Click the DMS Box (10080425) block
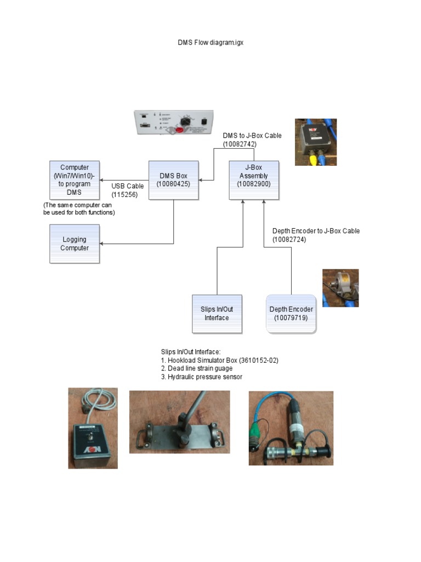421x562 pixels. point(173,180)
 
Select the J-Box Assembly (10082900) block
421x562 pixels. point(254,180)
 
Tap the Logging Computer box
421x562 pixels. point(75,244)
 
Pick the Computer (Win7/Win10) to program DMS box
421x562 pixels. point(75,180)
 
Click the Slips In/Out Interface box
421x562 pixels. point(217,313)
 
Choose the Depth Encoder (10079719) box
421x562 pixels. point(291,313)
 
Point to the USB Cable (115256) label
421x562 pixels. point(127,190)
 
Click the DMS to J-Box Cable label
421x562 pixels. point(252,139)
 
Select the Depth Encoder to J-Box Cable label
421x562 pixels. point(316,235)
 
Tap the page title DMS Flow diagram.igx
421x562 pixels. point(210,43)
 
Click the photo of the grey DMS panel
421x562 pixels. point(174,123)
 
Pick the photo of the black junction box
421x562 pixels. point(316,142)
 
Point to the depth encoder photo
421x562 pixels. point(340,288)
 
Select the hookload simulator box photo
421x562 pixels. point(93,428)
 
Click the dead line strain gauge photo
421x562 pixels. point(179,421)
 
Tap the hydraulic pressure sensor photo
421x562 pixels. point(291,428)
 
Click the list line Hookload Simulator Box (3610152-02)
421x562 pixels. point(220,360)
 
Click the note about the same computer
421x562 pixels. point(79,209)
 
